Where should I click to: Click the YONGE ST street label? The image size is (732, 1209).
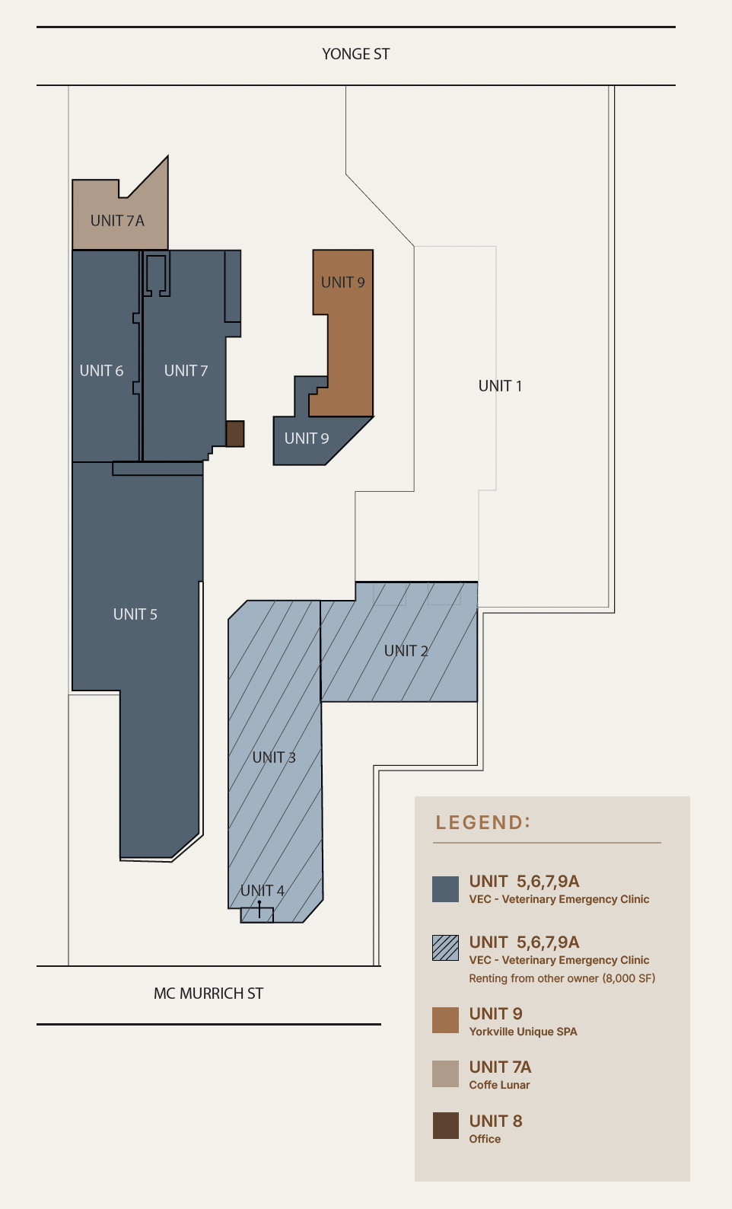click(x=355, y=54)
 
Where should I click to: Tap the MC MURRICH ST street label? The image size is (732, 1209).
click(x=208, y=993)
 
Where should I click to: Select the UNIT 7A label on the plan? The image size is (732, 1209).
click(x=117, y=221)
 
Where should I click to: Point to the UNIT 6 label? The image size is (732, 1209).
click(x=101, y=371)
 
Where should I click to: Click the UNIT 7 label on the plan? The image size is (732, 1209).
click(x=186, y=371)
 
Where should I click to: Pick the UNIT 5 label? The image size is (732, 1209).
click(x=135, y=614)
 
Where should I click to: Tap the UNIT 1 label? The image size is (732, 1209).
click(x=500, y=386)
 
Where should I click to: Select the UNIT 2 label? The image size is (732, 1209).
click(x=406, y=651)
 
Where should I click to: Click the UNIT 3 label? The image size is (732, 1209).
click(x=274, y=758)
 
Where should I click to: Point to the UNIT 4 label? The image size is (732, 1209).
click(x=263, y=891)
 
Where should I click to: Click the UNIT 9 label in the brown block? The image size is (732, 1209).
click(x=342, y=282)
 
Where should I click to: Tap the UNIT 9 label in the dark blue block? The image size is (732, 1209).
click(x=307, y=439)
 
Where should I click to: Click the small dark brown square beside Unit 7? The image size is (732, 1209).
click(x=234, y=434)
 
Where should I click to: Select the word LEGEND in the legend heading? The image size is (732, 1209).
click(x=479, y=822)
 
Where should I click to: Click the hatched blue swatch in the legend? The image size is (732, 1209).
click(x=446, y=948)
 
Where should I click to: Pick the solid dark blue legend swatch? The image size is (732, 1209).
click(x=446, y=889)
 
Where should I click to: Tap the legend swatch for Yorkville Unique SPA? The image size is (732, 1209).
click(x=446, y=1020)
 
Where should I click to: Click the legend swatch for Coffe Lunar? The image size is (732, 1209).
click(x=446, y=1073)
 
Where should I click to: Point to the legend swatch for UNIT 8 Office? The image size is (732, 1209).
click(x=446, y=1126)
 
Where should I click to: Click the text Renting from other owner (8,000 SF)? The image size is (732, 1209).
click(x=562, y=978)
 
